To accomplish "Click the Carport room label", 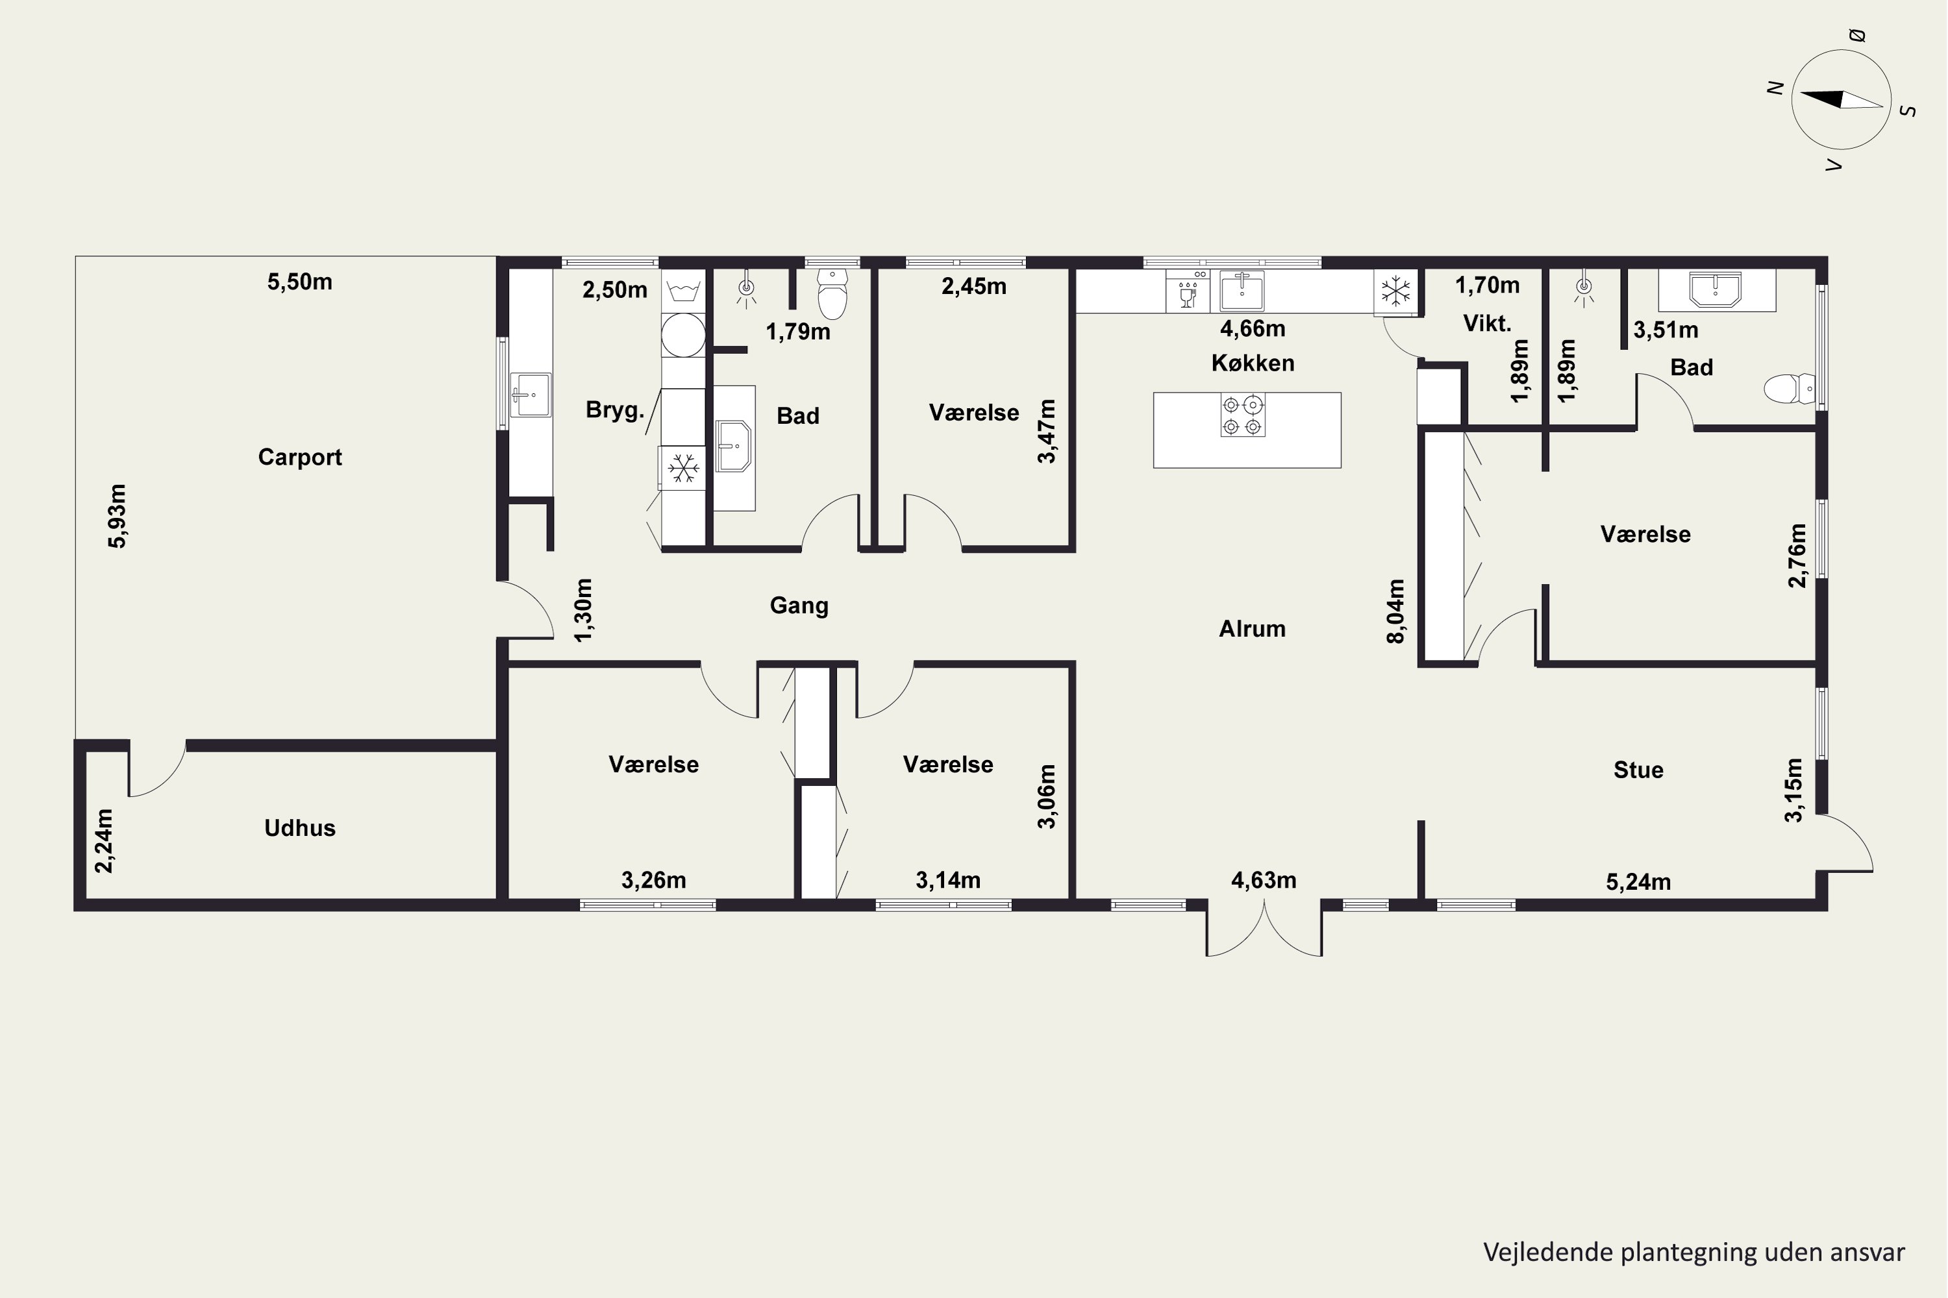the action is coord(300,457).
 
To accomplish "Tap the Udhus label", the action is coord(300,828).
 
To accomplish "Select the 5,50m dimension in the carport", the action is coord(300,282).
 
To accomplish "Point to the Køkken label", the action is coord(1253,363).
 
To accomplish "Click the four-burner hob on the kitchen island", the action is coord(1242,415).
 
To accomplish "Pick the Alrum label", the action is coord(1253,628).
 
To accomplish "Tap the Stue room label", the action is coord(1638,770).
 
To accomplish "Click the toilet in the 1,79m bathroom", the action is coord(832,293).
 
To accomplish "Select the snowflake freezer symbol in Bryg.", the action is coord(683,468).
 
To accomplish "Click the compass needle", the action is coord(1841,99).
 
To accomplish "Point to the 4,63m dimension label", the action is coord(1264,880).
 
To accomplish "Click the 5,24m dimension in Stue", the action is coord(1638,881).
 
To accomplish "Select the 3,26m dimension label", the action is coord(653,880).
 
